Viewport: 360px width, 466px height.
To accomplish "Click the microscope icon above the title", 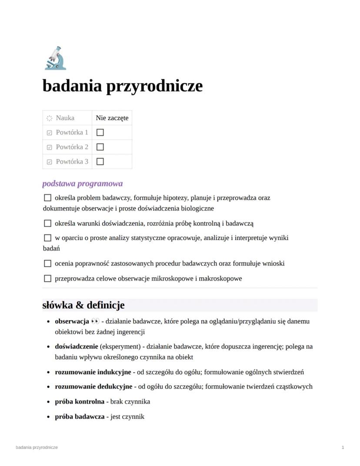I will pyautogui.click(x=55, y=58).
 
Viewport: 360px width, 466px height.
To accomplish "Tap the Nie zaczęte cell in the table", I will pyautogui.click(x=112, y=118).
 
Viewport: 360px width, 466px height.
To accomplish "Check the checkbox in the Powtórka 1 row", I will pyautogui.click(x=100, y=132).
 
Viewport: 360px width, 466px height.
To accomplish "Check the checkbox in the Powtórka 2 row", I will pyautogui.click(x=100, y=147).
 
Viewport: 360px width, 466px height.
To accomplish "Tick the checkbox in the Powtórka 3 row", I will pyautogui.click(x=100, y=161).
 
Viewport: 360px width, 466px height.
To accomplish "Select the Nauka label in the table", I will pyautogui.click(x=65, y=118).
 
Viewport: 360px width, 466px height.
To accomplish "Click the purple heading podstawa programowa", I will pyautogui.click(x=82, y=184).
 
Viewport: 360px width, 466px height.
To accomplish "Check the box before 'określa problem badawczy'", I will pyautogui.click(x=48, y=198).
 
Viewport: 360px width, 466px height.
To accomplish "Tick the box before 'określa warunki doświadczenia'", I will pyautogui.click(x=48, y=224).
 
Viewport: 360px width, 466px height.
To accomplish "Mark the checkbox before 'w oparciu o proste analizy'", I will pyautogui.click(x=48, y=238).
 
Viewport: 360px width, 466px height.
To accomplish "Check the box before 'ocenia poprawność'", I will pyautogui.click(x=48, y=264).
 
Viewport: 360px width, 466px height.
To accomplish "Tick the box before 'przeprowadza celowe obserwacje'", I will pyautogui.click(x=48, y=278).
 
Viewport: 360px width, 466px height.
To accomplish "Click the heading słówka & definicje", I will pyautogui.click(x=83, y=305).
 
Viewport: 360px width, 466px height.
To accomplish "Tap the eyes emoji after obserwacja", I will pyautogui.click(x=95, y=322).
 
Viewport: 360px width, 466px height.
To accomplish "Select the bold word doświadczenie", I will pyautogui.click(x=76, y=347).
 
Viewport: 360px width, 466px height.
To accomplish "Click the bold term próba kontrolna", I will pyautogui.click(x=80, y=402).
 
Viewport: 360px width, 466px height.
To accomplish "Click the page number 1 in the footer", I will pyautogui.click(x=343, y=447).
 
